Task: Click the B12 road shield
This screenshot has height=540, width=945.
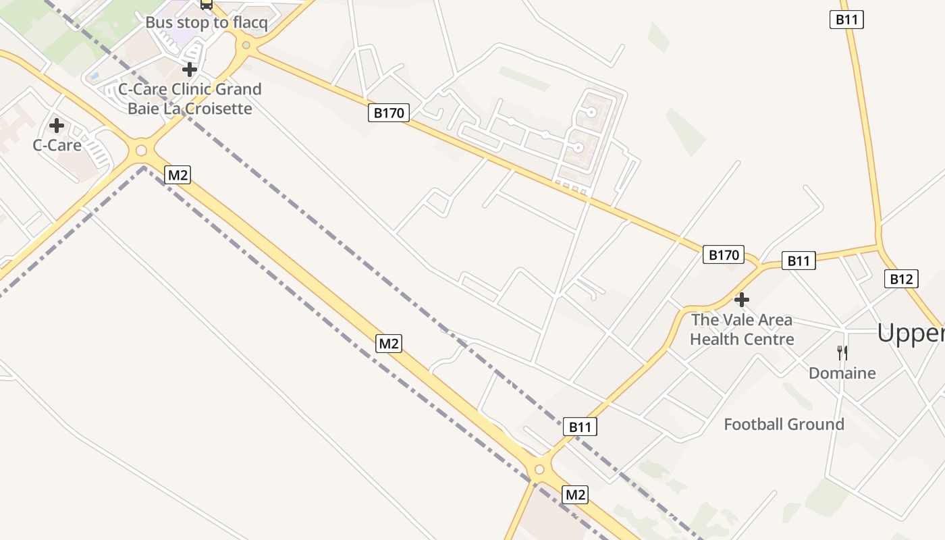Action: click(901, 279)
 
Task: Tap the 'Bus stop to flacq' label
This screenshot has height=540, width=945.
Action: click(207, 22)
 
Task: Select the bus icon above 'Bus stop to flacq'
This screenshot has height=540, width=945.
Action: click(207, 4)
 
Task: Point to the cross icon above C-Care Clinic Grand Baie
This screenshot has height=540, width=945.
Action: click(190, 69)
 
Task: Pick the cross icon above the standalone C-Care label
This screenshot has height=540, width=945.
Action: click(57, 125)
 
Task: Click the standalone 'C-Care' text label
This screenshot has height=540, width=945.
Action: click(57, 145)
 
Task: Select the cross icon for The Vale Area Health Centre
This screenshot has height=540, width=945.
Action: click(742, 299)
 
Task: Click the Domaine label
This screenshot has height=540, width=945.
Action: click(842, 373)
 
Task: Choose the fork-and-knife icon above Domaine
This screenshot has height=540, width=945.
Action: click(842, 352)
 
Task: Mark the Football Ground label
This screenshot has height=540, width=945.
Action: click(784, 425)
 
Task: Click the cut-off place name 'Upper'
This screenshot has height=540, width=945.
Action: click(911, 333)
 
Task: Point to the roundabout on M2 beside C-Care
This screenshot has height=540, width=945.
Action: click(141, 150)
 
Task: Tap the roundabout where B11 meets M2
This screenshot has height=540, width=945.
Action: click(539, 469)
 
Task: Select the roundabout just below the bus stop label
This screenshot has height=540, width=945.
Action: click(246, 46)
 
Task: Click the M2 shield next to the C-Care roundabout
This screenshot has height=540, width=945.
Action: click(178, 175)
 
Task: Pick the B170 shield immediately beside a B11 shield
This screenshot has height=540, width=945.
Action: click(724, 255)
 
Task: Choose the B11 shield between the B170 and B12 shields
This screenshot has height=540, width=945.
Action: click(799, 261)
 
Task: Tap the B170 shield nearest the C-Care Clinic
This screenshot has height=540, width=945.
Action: click(389, 113)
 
